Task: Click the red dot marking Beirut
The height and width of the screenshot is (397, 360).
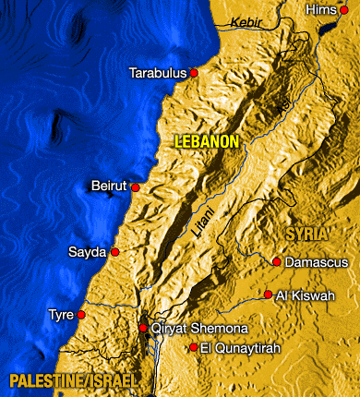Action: [x=136, y=187]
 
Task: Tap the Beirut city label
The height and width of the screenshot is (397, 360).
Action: [x=108, y=186]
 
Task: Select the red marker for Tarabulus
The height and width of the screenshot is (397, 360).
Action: [x=194, y=72]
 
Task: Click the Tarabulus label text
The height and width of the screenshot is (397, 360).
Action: [x=158, y=72]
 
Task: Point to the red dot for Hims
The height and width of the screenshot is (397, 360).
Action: [x=344, y=9]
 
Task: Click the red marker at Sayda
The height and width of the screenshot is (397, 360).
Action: [x=115, y=251]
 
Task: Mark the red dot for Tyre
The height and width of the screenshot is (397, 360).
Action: [x=81, y=315]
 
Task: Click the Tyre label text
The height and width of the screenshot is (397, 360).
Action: [x=61, y=315]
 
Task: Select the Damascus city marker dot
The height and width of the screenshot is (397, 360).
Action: [x=276, y=262]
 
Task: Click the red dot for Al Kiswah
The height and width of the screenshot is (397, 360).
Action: [x=268, y=295]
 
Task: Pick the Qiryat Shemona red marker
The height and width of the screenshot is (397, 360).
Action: [x=143, y=328]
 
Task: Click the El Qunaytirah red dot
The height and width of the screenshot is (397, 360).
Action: [x=193, y=347]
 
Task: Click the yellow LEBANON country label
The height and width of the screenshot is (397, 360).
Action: [x=207, y=141]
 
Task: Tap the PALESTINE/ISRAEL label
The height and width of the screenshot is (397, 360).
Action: [x=74, y=380]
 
